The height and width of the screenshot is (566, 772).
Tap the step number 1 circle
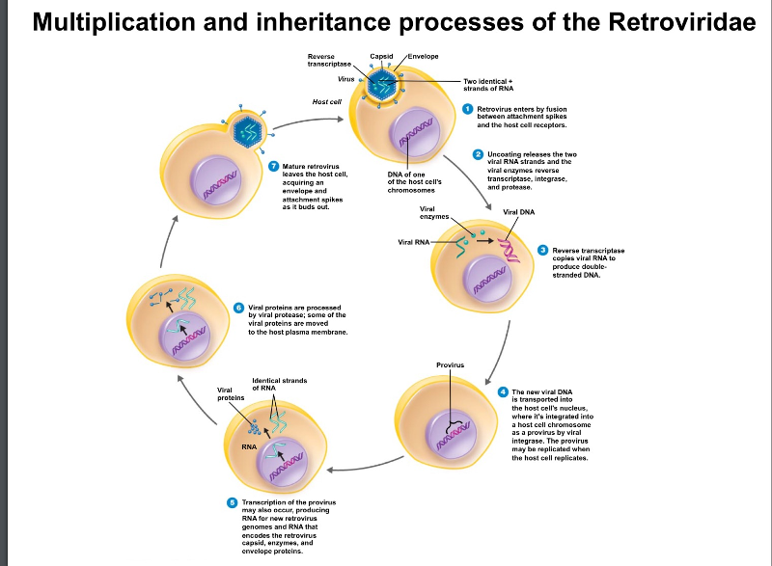click(467, 109)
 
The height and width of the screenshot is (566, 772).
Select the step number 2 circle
click(477, 154)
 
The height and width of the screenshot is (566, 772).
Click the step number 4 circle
click(503, 391)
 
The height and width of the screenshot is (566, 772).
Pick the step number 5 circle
click(232, 502)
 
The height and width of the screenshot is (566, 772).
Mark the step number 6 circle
click(239, 307)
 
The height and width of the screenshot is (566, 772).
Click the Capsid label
click(381, 57)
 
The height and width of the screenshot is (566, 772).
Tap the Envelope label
click(423, 57)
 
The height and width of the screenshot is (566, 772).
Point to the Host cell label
click(327, 101)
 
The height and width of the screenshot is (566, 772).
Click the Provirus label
click(451, 365)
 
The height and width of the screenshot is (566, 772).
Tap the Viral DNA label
click(519, 211)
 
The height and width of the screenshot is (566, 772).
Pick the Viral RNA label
click(414, 241)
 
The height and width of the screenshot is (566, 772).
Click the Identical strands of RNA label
click(280, 384)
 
